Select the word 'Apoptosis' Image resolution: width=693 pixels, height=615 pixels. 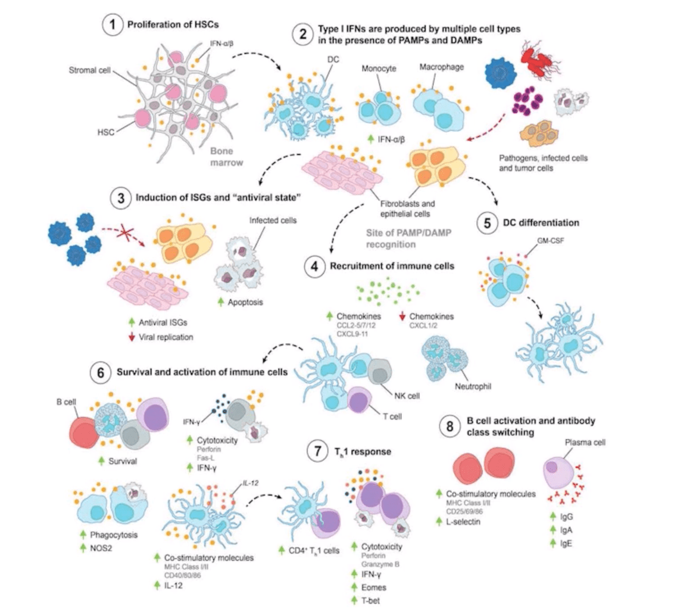pos(246,302)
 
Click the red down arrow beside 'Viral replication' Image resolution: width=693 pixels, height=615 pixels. pos(133,337)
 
